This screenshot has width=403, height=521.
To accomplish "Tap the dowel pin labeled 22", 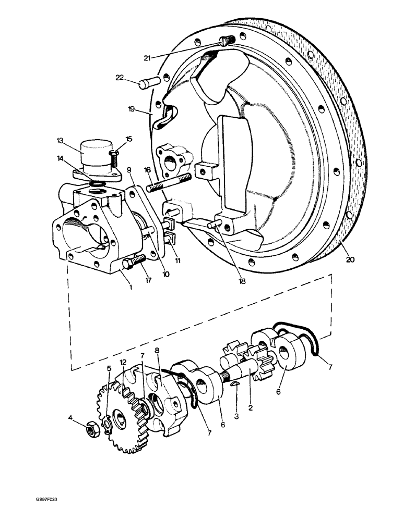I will (149, 82).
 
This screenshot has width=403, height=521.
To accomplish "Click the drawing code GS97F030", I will (46, 500).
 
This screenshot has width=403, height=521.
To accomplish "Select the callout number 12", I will (123, 362).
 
